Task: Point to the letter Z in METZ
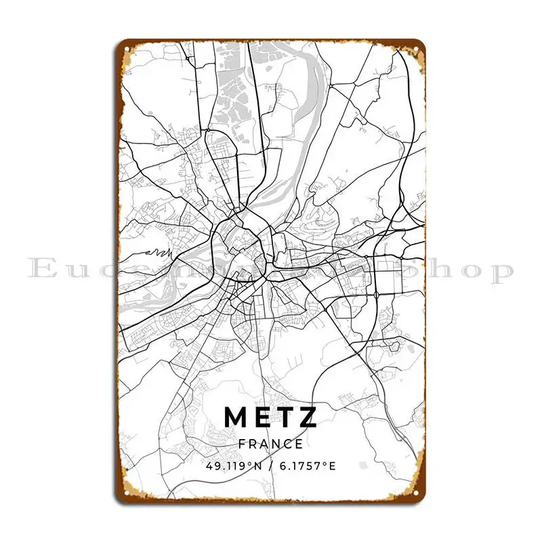point(308,417)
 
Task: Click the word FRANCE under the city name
point(271,444)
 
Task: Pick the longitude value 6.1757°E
point(308,467)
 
